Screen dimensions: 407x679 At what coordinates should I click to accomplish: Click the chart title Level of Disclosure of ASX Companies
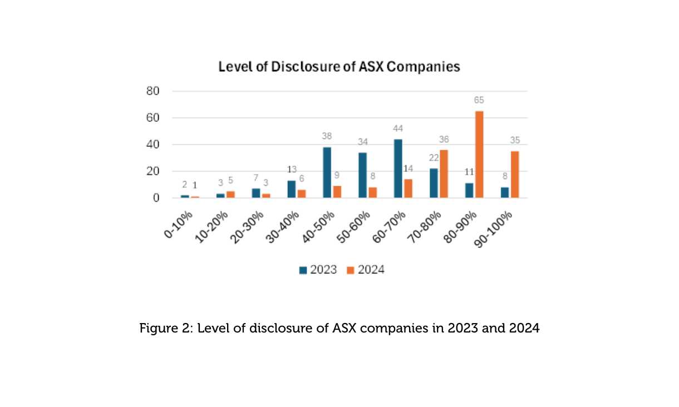[x=339, y=67]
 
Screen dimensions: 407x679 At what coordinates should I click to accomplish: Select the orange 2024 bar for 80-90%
[x=479, y=155]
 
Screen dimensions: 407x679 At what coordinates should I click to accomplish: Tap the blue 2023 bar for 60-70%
[x=398, y=168]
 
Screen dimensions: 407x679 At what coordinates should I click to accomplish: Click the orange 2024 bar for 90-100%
[x=515, y=175]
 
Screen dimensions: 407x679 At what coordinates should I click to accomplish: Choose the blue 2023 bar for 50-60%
[x=362, y=175]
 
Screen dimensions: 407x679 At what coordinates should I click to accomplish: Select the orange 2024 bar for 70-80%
[x=444, y=173]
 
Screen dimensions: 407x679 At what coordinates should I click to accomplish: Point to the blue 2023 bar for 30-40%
[x=291, y=189]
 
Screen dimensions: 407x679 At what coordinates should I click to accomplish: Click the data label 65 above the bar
[x=479, y=101]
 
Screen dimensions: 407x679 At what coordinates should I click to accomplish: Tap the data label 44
[x=398, y=128]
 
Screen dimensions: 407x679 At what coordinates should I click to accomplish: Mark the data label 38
[x=327, y=136]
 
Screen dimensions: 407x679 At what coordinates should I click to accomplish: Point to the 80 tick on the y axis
[x=153, y=91]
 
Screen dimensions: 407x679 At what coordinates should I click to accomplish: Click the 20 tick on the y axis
[x=153, y=171]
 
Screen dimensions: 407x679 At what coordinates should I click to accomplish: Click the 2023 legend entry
[x=318, y=270]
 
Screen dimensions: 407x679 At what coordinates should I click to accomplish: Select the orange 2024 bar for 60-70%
[x=408, y=188]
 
